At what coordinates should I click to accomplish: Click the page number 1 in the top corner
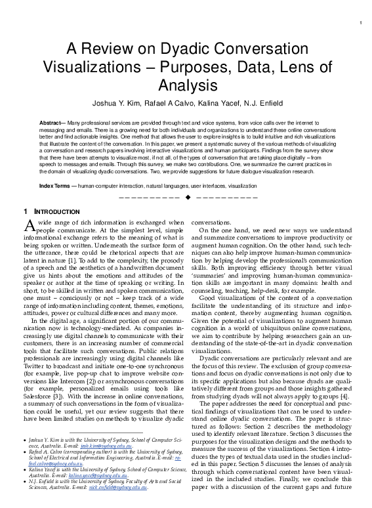coord(362,24)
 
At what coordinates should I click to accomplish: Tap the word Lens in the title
coord(301,66)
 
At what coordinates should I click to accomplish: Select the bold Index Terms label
coord(56,186)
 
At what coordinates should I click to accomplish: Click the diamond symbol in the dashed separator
coord(188,197)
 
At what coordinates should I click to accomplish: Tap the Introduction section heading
coord(55,212)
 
